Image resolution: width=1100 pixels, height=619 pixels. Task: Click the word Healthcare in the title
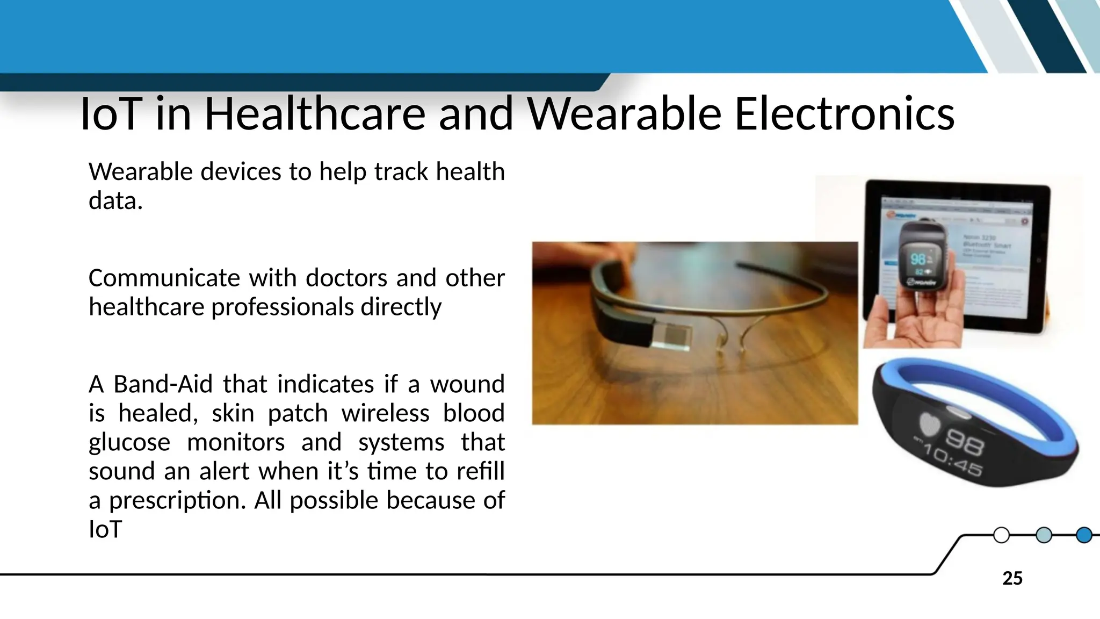pos(315,114)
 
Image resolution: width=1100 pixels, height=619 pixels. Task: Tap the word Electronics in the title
pos(844,114)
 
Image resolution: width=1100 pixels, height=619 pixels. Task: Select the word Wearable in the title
pos(624,114)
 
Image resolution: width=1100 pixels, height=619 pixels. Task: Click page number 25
pos(1012,579)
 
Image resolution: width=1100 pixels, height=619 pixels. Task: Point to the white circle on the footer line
pos(1001,535)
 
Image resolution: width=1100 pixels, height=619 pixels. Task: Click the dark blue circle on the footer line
pos(1084,535)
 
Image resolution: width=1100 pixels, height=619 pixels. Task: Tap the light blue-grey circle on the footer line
pos(1043,535)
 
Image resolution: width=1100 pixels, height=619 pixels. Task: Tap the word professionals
pos(283,307)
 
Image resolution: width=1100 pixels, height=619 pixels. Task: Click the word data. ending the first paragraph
pos(115,201)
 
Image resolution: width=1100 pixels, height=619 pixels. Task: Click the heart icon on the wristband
pos(930,424)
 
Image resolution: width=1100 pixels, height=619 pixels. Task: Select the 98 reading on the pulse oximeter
pos(917,260)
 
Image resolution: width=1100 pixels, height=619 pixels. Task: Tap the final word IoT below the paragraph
pos(105,530)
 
